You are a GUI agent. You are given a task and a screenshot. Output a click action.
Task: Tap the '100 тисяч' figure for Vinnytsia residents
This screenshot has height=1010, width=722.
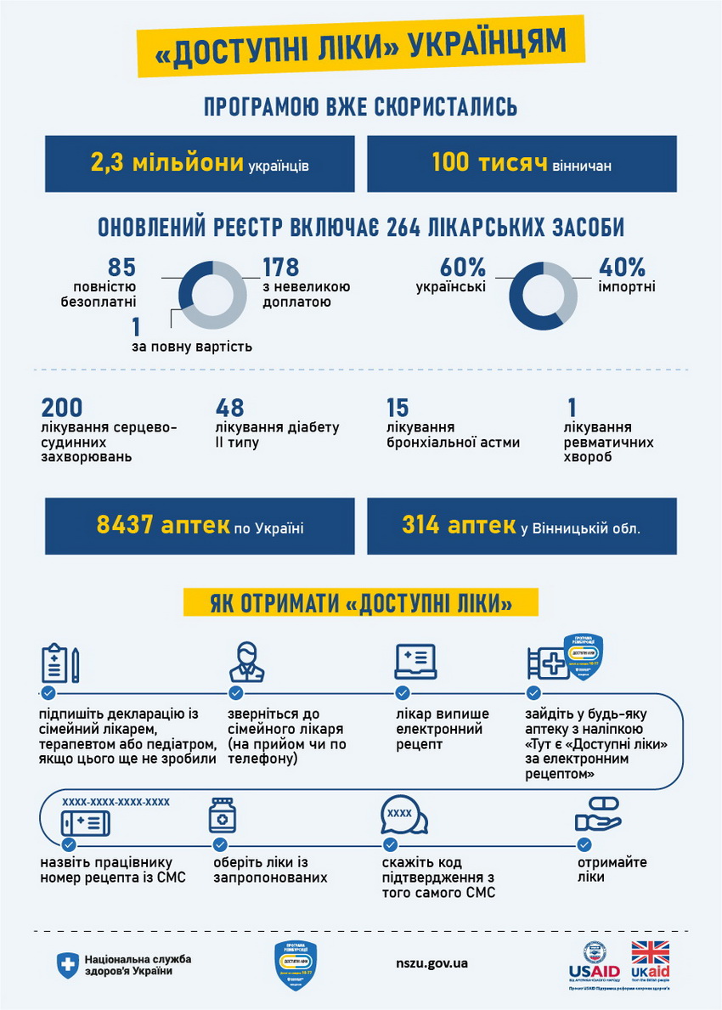click(488, 162)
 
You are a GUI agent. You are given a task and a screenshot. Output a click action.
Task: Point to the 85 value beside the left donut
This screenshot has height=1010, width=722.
click(121, 267)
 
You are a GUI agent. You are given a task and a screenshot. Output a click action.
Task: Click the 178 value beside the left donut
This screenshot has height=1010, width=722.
click(280, 267)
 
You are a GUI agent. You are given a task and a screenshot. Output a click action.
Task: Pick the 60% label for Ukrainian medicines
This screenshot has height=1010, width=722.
click(463, 267)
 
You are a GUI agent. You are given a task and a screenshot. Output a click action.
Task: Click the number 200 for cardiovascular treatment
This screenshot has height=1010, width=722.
click(61, 408)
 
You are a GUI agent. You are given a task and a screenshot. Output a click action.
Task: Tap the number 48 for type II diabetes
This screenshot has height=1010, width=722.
click(229, 408)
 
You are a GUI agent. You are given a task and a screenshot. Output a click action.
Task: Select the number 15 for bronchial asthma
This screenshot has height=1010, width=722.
click(398, 408)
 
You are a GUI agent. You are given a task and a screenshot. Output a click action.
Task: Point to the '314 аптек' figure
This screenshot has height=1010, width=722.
click(459, 525)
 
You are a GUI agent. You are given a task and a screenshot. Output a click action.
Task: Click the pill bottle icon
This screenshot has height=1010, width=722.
click(222, 815)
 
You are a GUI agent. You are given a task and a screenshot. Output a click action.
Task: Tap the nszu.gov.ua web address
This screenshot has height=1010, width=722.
click(432, 963)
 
